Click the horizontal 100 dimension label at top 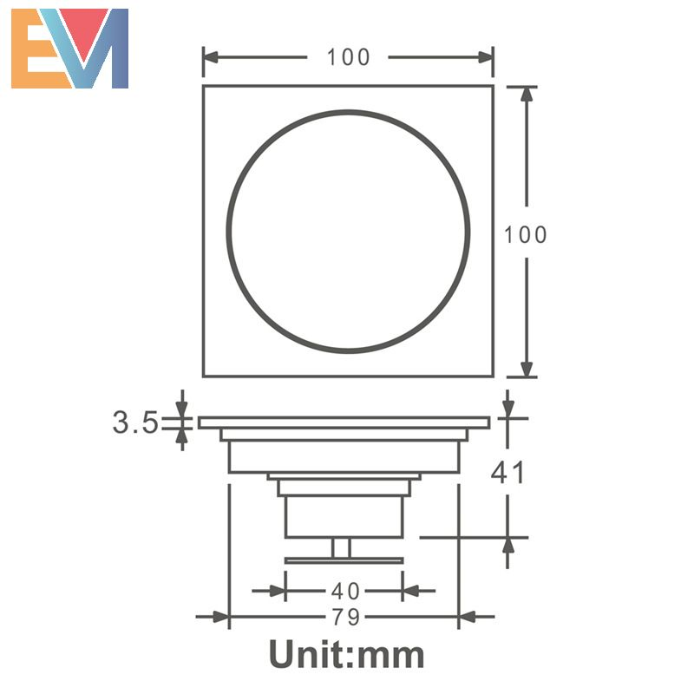point(348,57)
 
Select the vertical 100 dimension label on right point(526,234)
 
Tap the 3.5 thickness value point(134,422)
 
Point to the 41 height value point(508,473)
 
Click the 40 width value point(345,592)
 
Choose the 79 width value point(345,618)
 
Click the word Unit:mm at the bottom point(346,653)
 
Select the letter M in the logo point(98,49)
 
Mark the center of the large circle point(348,232)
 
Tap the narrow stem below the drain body point(342,547)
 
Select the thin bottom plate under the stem point(344,560)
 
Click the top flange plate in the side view point(344,422)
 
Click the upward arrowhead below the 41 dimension point(508,546)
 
